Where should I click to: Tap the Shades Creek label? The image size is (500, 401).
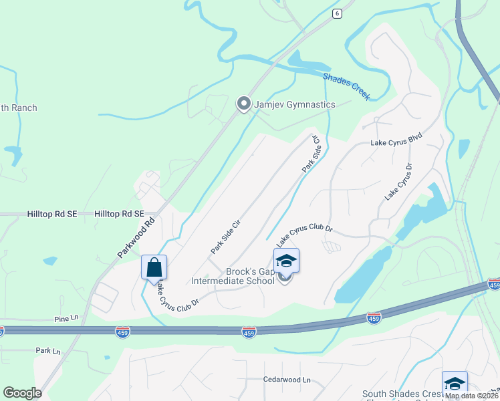pos(346,86)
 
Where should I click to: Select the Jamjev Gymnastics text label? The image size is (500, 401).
pos(294,104)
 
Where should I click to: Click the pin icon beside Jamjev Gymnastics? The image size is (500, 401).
pos(244,104)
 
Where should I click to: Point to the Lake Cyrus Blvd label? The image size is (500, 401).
pos(397,143)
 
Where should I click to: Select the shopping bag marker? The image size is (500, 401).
pos(154,267)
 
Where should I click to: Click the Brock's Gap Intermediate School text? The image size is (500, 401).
pos(233,276)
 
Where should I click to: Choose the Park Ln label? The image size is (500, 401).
pos(48,350)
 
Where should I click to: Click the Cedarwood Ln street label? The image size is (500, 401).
pos(287,380)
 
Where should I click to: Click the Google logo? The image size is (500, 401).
pos(22,393)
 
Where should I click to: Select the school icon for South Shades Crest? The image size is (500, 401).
pos(455,383)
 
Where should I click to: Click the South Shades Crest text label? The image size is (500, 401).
pos(402,394)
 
